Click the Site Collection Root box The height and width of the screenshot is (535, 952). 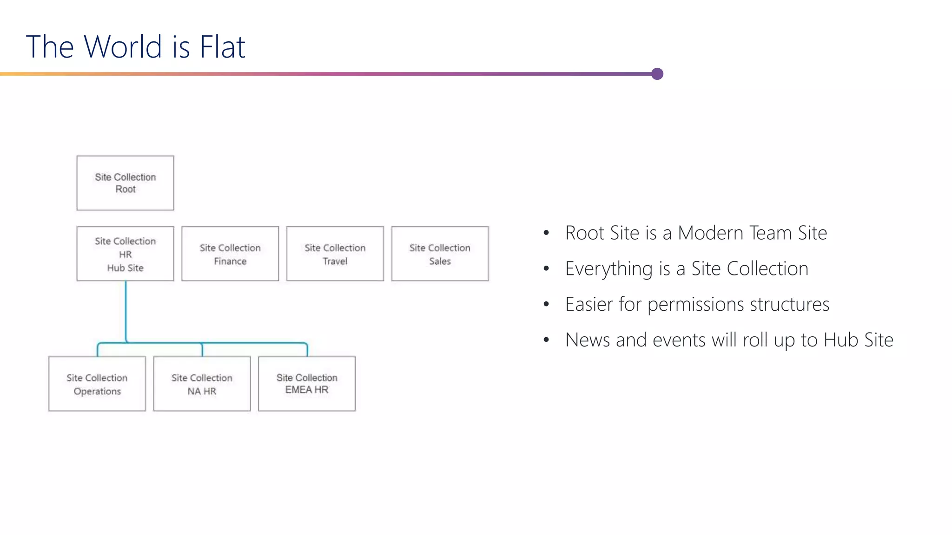coord(125,183)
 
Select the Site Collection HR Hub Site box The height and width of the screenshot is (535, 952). coord(125,254)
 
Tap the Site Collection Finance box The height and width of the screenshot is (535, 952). coord(230,254)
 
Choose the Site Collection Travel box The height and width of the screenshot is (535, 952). coord(335,254)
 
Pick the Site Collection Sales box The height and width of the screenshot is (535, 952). coord(440,254)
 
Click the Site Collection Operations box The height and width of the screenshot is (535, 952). coord(97,384)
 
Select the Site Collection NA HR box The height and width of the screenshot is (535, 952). coord(202,384)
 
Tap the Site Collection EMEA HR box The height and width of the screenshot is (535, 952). coord(307,384)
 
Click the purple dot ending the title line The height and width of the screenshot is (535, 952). coord(657,74)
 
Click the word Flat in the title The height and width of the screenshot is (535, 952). coord(222,47)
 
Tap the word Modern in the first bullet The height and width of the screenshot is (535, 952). coord(711,233)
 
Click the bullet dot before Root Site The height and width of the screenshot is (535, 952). coord(546,233)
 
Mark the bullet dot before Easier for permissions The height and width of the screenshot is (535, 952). coord(546,305)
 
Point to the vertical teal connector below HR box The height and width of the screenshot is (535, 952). coord(126,311)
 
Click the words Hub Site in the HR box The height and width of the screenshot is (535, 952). coord(125,268)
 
